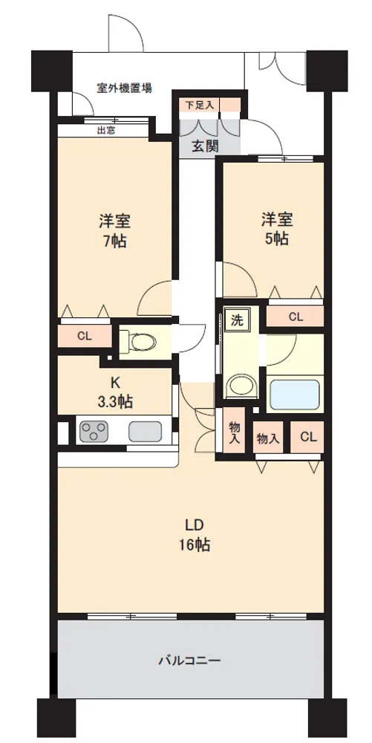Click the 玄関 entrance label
pyautogui.click(x=205, y=146)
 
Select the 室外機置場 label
pyautogui.click(x=125, y=88)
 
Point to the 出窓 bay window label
pyautogui.click(x=106, y=130)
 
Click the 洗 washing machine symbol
pyautogui.click(x=236, y=320)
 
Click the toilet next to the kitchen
pyautogui.click(x=141, y=341)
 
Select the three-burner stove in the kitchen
pyautogui.click(x=92, y=431)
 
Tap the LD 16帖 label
pyautogui.click(x=194, y=535)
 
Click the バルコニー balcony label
pyautogui.click(x=189, y=661)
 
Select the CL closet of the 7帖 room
pyautogui.click(x=84, y=337)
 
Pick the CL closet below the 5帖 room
pyautogui.click(x=296, y=317)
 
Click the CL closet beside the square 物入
pyautogui.click(x=307, y=437)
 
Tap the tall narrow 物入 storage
pyautogui.click(x=235, y=432)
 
